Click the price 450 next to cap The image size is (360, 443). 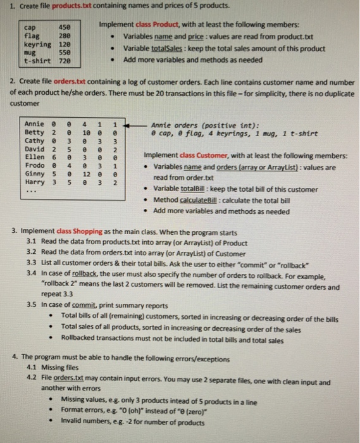click(65, 28)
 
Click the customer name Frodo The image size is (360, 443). click(34, 165)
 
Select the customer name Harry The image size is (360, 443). click(34, 182)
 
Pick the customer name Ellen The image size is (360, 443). click(34, 156)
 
